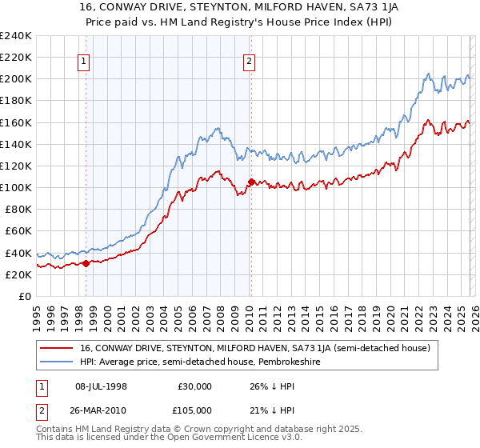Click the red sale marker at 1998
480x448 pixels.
[86, 264]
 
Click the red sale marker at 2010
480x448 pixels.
[251, 182]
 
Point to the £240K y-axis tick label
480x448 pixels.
[16, 36]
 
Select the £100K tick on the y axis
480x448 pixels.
[16, 187]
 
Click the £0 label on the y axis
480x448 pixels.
[26, 296]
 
